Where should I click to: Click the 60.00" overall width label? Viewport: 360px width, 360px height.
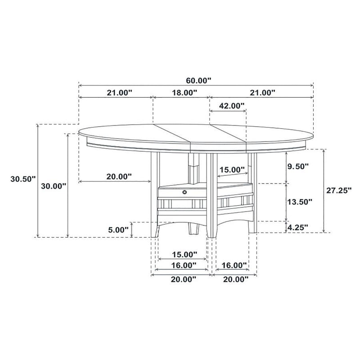pyautogui.click(x=198, y=81)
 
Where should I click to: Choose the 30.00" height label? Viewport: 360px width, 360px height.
pyautogui.click(x=54, y=185)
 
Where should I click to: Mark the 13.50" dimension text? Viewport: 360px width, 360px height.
pyautogui.click(x=299, y=202)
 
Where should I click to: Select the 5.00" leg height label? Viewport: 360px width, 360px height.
pyautogui.click(x=118, y=229)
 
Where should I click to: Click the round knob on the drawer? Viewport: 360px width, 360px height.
pyautogui.click(x=184, y=192)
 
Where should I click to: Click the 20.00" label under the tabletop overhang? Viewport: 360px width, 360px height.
pyautogui.click(x=119, y=176)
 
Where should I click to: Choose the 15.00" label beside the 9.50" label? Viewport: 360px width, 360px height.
pyautogui.click(x=231, y=170)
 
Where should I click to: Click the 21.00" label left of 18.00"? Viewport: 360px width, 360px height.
pyautogui.click(x=119, y=93)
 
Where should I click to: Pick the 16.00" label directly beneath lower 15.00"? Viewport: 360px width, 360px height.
pyautogui.click(x=184, y=266)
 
